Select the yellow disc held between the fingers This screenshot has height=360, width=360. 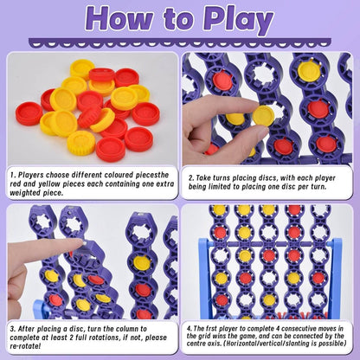tap(262, 115)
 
